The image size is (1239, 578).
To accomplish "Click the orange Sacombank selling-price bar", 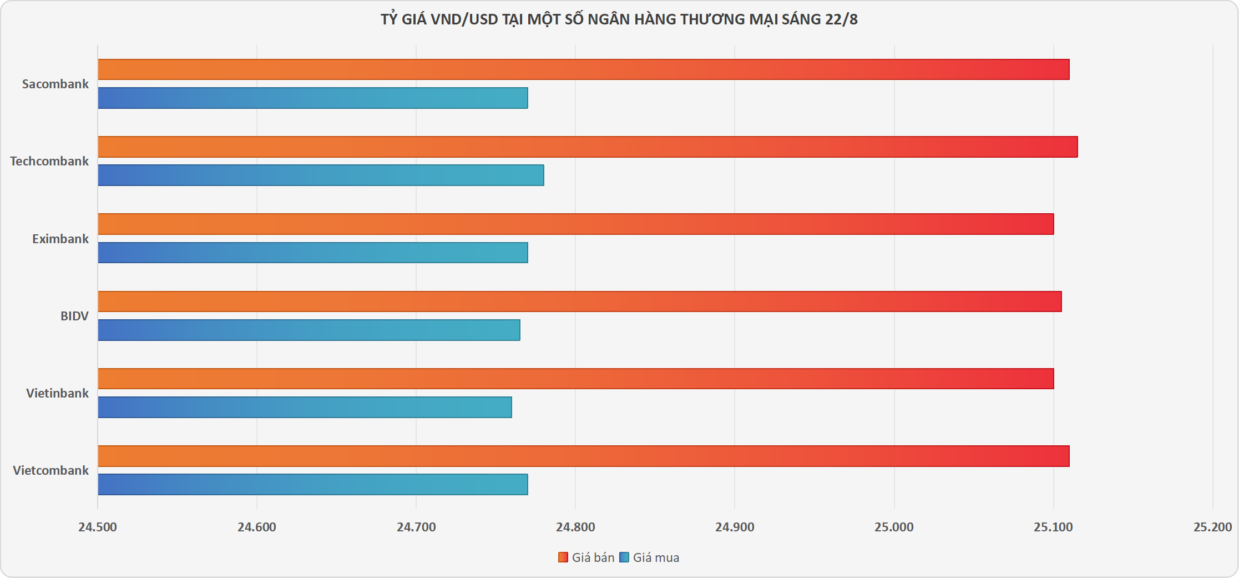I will point(583,69).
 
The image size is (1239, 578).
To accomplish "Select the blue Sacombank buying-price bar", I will point(313,98).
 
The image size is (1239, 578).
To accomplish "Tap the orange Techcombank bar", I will point(587,147).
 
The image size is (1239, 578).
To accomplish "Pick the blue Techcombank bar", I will point(321,175).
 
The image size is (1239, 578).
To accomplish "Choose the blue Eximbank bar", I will point(313,252).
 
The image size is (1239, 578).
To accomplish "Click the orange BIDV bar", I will point(579,301).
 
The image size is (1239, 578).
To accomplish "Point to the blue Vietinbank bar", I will point(305,407).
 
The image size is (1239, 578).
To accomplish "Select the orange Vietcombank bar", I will point(583,456).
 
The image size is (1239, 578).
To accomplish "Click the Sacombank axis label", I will point(55,84).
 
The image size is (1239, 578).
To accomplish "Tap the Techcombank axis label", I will point(49,161).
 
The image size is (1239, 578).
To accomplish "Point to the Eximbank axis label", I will point(60,239).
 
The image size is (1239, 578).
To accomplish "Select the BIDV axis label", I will point(74,316).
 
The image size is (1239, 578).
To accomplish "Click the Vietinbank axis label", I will point(57,393).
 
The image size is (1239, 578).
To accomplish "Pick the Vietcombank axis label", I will point(50,470).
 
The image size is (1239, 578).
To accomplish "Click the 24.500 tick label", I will point(98,527).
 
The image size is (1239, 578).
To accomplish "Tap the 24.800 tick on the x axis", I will point(575,527).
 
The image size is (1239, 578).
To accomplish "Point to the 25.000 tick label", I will point(894,527).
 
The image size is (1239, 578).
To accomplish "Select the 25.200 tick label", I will point(1212,527).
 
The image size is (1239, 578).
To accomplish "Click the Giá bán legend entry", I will point(586,557).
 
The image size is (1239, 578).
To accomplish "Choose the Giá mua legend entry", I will point(649,557).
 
